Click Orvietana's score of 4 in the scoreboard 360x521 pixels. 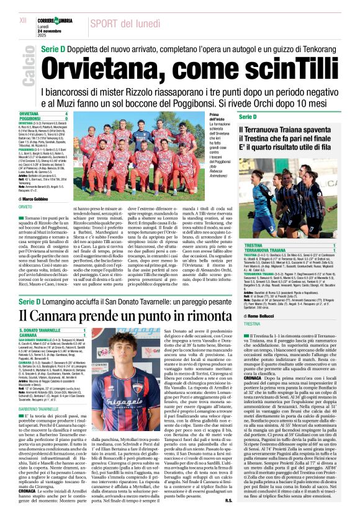[66, 114]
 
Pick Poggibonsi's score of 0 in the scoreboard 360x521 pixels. [66, 118]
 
